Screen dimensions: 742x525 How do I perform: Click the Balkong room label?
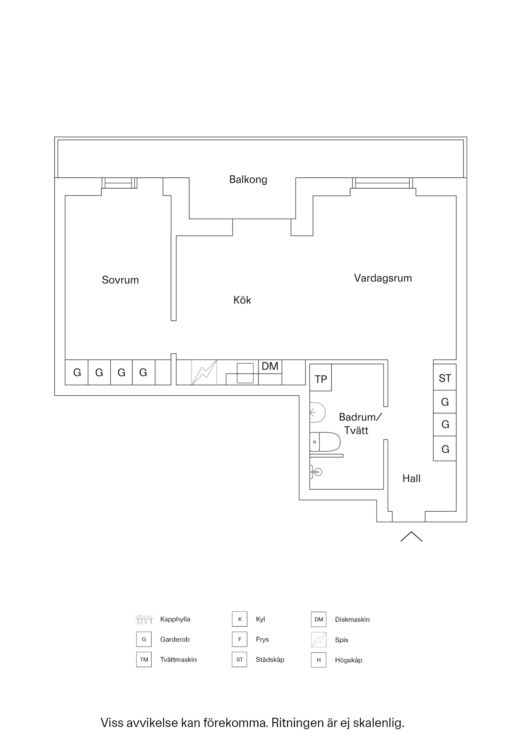248,179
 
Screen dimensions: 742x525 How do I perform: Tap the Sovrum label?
120,280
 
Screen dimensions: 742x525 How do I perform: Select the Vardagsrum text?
383,278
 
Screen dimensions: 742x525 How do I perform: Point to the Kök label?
242,300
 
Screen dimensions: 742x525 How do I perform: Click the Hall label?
411,478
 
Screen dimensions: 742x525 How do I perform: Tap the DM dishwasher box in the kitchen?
270,366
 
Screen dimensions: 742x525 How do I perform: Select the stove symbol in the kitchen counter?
204,373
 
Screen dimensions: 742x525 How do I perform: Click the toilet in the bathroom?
325,442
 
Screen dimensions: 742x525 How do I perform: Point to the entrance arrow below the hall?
411,536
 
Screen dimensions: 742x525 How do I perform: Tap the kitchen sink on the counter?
245,373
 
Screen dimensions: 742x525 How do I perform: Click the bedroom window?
119,183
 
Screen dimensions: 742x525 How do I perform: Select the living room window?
382,183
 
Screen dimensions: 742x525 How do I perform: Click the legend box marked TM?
144,660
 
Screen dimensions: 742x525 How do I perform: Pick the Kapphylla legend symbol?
144,619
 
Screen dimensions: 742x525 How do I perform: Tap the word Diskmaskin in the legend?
352,619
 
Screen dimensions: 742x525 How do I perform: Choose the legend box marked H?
318,660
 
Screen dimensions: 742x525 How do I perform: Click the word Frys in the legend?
262,640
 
